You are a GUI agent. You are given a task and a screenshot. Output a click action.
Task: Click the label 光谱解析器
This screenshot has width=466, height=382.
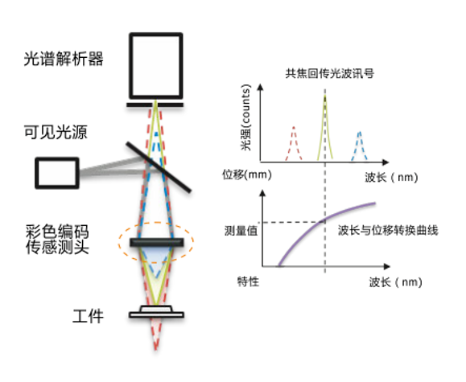tap(64, 59)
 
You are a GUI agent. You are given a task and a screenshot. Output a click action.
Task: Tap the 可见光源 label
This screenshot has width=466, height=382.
tap(56, 132)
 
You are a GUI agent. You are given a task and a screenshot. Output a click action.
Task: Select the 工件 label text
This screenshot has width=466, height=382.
tap(88, 316)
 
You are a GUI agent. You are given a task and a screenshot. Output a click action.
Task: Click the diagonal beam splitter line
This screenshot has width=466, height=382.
tap(159, 167)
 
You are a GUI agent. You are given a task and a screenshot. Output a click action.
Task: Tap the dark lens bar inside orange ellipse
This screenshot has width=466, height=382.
tap(157, 242)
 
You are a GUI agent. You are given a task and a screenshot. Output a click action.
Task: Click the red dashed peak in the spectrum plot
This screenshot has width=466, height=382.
tap(294, 144)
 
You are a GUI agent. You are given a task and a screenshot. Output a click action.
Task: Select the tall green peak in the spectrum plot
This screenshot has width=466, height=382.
tap(325, 128)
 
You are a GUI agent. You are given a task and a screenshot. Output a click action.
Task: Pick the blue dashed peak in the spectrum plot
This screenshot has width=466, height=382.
tap(359, 146)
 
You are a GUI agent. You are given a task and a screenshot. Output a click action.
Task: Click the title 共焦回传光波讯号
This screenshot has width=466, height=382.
tap(330, 74)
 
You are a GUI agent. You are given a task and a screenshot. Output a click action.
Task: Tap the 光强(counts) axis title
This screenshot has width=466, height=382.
tap(246, 117)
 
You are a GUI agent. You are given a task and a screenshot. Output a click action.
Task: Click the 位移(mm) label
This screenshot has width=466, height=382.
tap(247, 175)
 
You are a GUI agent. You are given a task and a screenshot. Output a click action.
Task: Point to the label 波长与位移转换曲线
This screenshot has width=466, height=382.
tap(388, 230)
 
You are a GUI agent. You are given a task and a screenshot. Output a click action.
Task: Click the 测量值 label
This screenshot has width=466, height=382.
tap(241, 231)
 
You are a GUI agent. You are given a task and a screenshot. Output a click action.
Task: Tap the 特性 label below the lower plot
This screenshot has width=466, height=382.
tap(248, 281)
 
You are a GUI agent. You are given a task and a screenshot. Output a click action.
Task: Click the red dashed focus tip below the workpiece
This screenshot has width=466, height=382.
tap(155, 349)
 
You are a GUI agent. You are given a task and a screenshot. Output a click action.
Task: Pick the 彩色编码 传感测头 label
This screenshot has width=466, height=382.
tap(57, 239)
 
